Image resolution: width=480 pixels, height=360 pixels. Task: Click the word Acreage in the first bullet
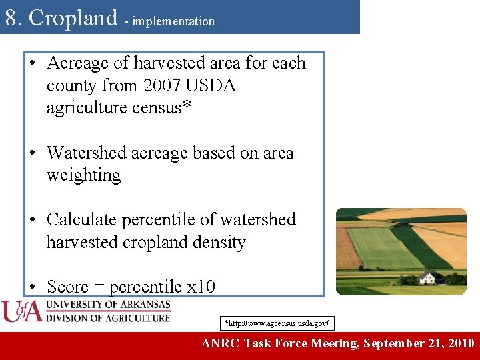(78, 63)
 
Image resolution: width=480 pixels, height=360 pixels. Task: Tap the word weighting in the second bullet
(83, 176)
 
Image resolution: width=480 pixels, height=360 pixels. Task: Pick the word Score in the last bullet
(68, 287)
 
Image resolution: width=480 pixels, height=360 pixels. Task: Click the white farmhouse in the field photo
(427, 277)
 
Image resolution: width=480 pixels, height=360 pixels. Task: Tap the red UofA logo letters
(22, 311)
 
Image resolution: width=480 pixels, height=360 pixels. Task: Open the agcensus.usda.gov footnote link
(276, 323)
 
